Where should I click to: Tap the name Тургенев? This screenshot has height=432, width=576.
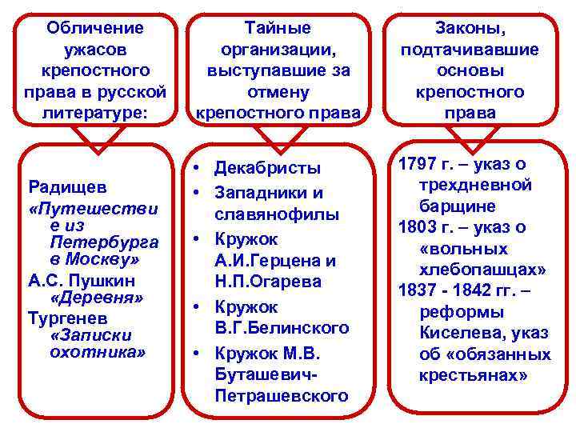click(x=64, y=316)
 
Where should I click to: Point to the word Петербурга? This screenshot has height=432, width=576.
click(x=104, y=242)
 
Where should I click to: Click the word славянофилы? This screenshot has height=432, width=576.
click(x=276, y=214)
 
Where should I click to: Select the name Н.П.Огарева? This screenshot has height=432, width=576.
click(x=268, y=282)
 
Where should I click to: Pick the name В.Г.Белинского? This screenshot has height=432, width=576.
click(x=281, y=328)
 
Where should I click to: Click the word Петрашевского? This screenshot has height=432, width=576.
click(x=282, y=396)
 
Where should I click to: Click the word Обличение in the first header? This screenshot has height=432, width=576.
click(x=95, y=28)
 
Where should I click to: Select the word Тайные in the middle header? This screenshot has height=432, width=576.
click(x=274, y=28)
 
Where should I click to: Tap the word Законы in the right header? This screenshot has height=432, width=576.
click(x=470, y=28)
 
